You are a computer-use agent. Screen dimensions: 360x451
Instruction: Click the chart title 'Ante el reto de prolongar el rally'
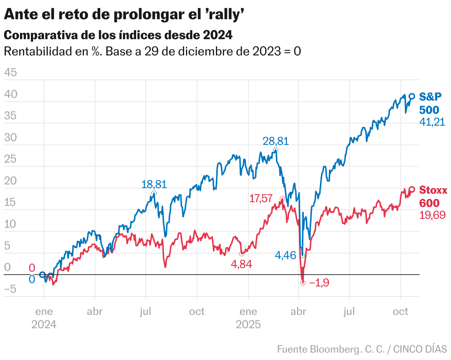(x=125, y=15)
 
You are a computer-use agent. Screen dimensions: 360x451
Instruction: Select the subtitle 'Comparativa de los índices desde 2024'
(x=118, y=35)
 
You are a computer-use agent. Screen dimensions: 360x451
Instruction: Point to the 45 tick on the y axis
(x=10, y=73)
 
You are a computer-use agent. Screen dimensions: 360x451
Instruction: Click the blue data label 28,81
(x=275, y=141)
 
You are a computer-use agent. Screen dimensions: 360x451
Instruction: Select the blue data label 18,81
(x=154, y=184)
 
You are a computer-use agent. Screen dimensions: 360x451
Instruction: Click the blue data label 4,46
(x=286, y=255)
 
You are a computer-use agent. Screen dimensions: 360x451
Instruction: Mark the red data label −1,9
(x=319, y=283)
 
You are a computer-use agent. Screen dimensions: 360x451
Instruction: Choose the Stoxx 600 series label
(x=433, y=197)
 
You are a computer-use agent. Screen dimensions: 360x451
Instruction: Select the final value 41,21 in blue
(x=432, y=122)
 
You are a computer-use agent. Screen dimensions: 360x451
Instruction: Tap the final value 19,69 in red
(x=432, y=215)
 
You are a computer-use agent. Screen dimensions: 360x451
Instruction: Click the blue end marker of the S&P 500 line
(x=412, y=96)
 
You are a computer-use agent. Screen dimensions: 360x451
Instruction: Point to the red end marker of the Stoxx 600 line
(x=412, y=189)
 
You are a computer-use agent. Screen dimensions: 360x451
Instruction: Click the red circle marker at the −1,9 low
(x=303, y=283)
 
